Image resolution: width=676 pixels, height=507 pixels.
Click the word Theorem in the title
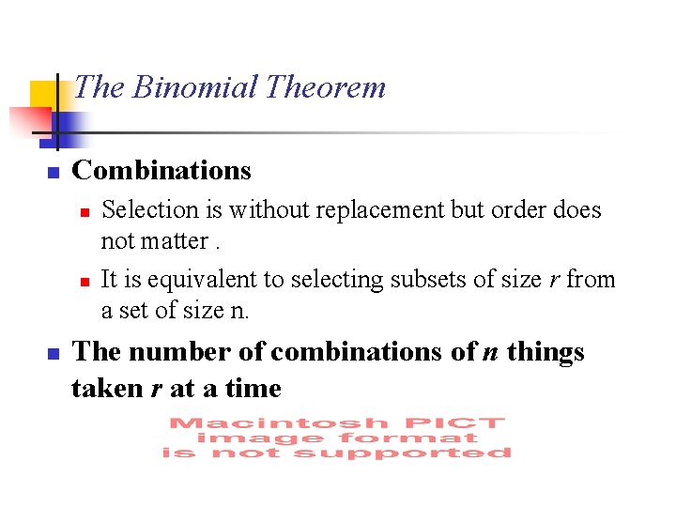pyautogui.click(x=325, y=87)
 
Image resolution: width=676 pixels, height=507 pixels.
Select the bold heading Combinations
pyautogui.click(x=161, y=171)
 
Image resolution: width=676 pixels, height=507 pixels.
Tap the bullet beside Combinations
pyautogui.click(x=54, y=173)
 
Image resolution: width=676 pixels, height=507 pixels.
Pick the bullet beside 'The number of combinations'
pyautogui.click(x=54, y=354)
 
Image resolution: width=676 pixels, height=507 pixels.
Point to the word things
pyautogui.click(x=545, y=352)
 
